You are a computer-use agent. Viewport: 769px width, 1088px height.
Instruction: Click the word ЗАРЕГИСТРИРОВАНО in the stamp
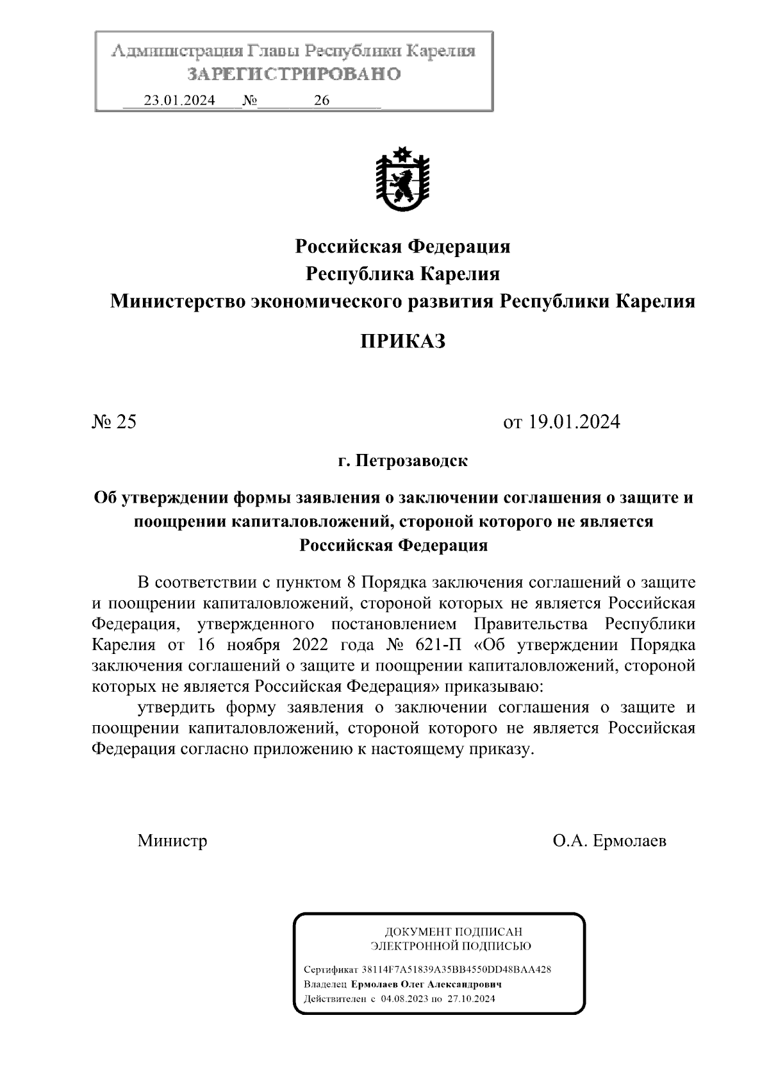tap(294, 74)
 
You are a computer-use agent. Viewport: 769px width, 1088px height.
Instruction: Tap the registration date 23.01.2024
tap(179, 101)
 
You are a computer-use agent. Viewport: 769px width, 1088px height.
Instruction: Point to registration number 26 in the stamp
tap(322, 101)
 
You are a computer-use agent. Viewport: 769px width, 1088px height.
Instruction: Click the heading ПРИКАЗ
tap(402, 341)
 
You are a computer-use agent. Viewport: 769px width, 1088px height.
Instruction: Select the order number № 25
tap(115, 422)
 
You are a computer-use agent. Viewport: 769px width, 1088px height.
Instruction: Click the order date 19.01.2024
tap(574, 422)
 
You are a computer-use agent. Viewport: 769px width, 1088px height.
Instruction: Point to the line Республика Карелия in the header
tap(402, 274)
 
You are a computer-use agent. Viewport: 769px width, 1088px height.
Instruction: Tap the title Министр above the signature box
tap(172, 841)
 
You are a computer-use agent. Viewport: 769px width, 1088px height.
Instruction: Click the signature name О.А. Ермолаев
tap(609, 841)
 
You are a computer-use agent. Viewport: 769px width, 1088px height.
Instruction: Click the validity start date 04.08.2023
tap(404, 999)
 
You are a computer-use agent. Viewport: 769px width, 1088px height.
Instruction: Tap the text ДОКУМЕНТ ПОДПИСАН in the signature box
tap(452, 932)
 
